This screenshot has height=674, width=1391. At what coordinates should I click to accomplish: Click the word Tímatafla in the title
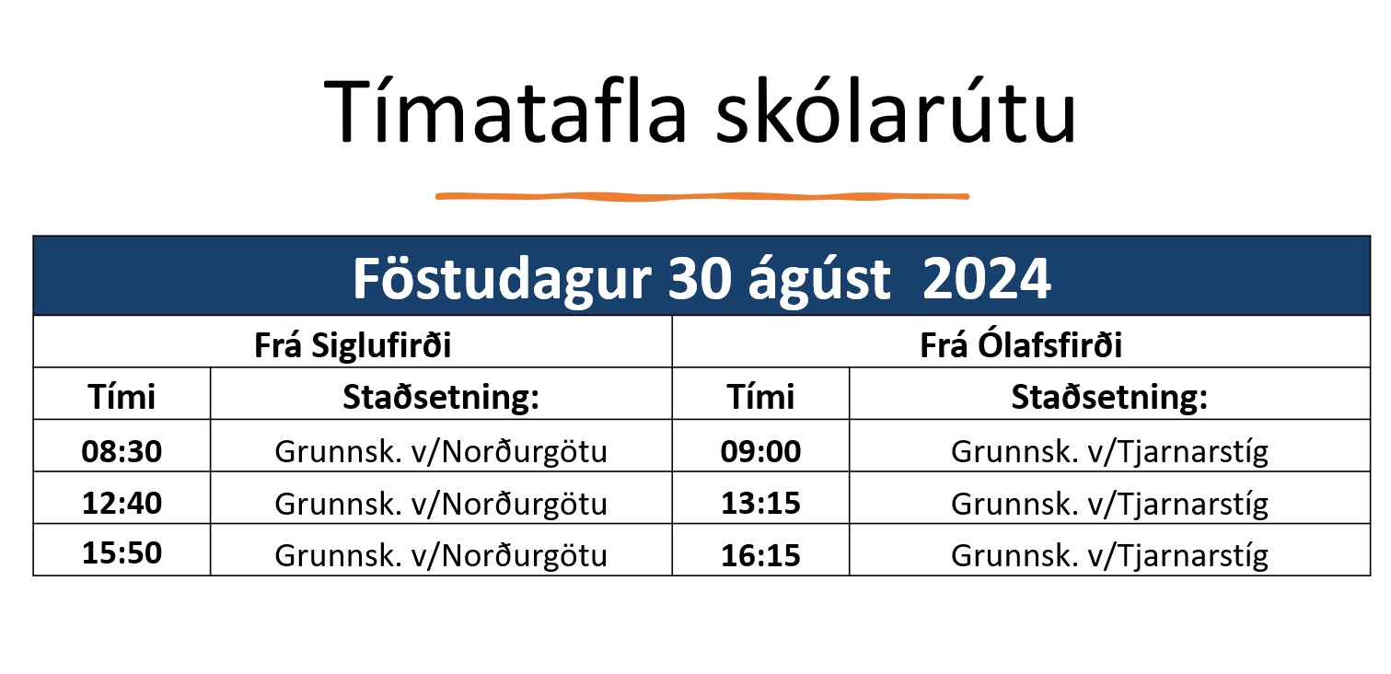(506, 111)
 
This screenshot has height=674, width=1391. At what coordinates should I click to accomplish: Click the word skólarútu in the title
(896, 110)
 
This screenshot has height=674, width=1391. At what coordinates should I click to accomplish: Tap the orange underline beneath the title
(702, 196)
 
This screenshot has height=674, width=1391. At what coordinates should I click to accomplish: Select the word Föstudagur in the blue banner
(502, 279)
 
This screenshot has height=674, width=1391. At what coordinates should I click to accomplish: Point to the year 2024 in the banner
(986, 279)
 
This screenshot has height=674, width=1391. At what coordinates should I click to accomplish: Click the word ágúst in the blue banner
(819, 279)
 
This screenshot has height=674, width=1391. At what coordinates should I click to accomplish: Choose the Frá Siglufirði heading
(353, 344)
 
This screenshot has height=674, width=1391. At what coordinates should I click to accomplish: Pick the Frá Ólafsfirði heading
(1021, 344)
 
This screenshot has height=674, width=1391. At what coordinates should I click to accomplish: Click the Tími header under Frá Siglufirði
(122, 396)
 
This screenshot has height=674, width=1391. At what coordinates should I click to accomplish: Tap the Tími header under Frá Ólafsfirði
(760, 396)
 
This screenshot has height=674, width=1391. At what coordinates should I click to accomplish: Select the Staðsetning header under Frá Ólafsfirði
(1109, 397)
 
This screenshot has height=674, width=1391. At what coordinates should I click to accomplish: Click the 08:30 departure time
(122, 451)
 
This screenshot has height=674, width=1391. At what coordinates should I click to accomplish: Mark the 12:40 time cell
(122, 503)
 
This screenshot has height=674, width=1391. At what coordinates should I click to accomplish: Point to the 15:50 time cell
(122, 552)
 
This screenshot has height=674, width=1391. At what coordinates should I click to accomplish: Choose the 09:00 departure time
(760, 451)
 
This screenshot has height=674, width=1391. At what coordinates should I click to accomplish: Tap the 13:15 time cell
(760, 503)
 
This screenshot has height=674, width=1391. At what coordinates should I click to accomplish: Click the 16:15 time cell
(760, 554)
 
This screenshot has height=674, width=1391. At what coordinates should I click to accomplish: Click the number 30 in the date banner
(699, 279)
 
